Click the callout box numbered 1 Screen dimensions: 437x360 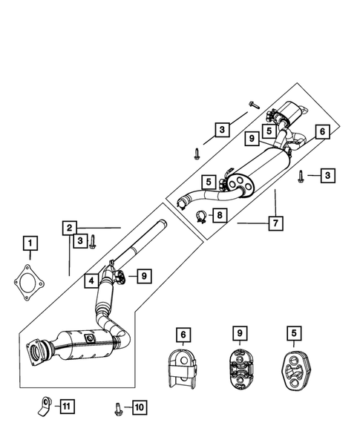(x=30, y=243)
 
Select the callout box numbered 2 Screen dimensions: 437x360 (x=68, y=227)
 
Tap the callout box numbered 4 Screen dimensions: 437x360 (x=90, y=280)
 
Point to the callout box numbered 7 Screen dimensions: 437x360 (x=275, y=221)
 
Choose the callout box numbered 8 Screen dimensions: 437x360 (x=219, y=215)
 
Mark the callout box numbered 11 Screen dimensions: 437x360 (x=66, y=405)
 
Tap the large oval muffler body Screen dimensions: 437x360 (x=253, y=176)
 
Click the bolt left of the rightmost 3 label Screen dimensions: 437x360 (x=301, y=176)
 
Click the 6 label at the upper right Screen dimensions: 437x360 (x=321, y=131)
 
